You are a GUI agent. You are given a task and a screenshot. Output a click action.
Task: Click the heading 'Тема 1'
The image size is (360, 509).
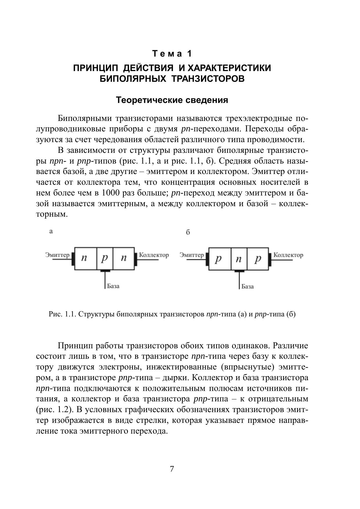tap(172, 54)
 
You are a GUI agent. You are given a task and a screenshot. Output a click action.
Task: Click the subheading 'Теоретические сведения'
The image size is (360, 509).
tap(172, 100)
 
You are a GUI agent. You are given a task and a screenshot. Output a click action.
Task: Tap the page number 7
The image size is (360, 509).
tap(172, 469)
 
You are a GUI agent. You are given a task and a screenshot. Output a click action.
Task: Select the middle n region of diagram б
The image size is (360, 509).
tap(239, 259)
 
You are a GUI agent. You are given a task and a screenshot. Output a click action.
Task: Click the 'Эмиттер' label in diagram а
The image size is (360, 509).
tap(57, 255)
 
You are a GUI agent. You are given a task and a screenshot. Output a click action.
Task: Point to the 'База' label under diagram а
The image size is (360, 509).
tap(113, 286)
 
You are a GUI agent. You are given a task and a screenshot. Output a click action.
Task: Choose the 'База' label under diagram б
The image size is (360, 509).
tap(247, 287)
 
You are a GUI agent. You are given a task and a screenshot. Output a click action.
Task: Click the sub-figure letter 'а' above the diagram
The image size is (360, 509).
tap(51, 231)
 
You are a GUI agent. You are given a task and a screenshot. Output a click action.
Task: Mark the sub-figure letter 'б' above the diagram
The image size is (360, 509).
tap(188, 232)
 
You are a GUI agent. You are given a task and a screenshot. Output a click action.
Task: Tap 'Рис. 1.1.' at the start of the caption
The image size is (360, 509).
tap(62, 314)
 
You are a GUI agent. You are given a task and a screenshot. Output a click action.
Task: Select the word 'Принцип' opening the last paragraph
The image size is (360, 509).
tap(74, 346)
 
